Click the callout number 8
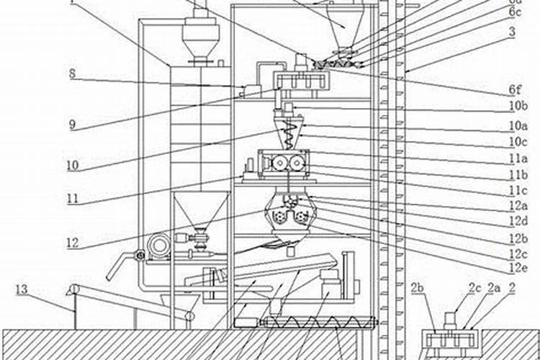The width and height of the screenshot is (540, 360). tap(73, 73)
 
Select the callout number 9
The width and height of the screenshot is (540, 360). tap(73, 125)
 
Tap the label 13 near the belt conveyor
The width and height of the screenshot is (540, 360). tap(22, 289)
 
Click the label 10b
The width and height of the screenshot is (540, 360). tap(517, 107)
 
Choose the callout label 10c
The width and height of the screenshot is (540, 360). tap(517, 141)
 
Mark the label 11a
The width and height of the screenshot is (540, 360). tap(517, 158)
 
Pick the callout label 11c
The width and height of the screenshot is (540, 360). tap(517, 191)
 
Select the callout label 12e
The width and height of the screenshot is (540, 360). tap(517, 269)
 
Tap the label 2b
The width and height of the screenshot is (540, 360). tap(418, 289)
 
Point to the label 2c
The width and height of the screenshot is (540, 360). tap(474, 288)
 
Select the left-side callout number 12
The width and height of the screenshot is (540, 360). tap(73, 243)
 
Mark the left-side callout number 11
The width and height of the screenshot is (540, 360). tap(73, 198)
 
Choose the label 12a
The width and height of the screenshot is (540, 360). tap(517, 207)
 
